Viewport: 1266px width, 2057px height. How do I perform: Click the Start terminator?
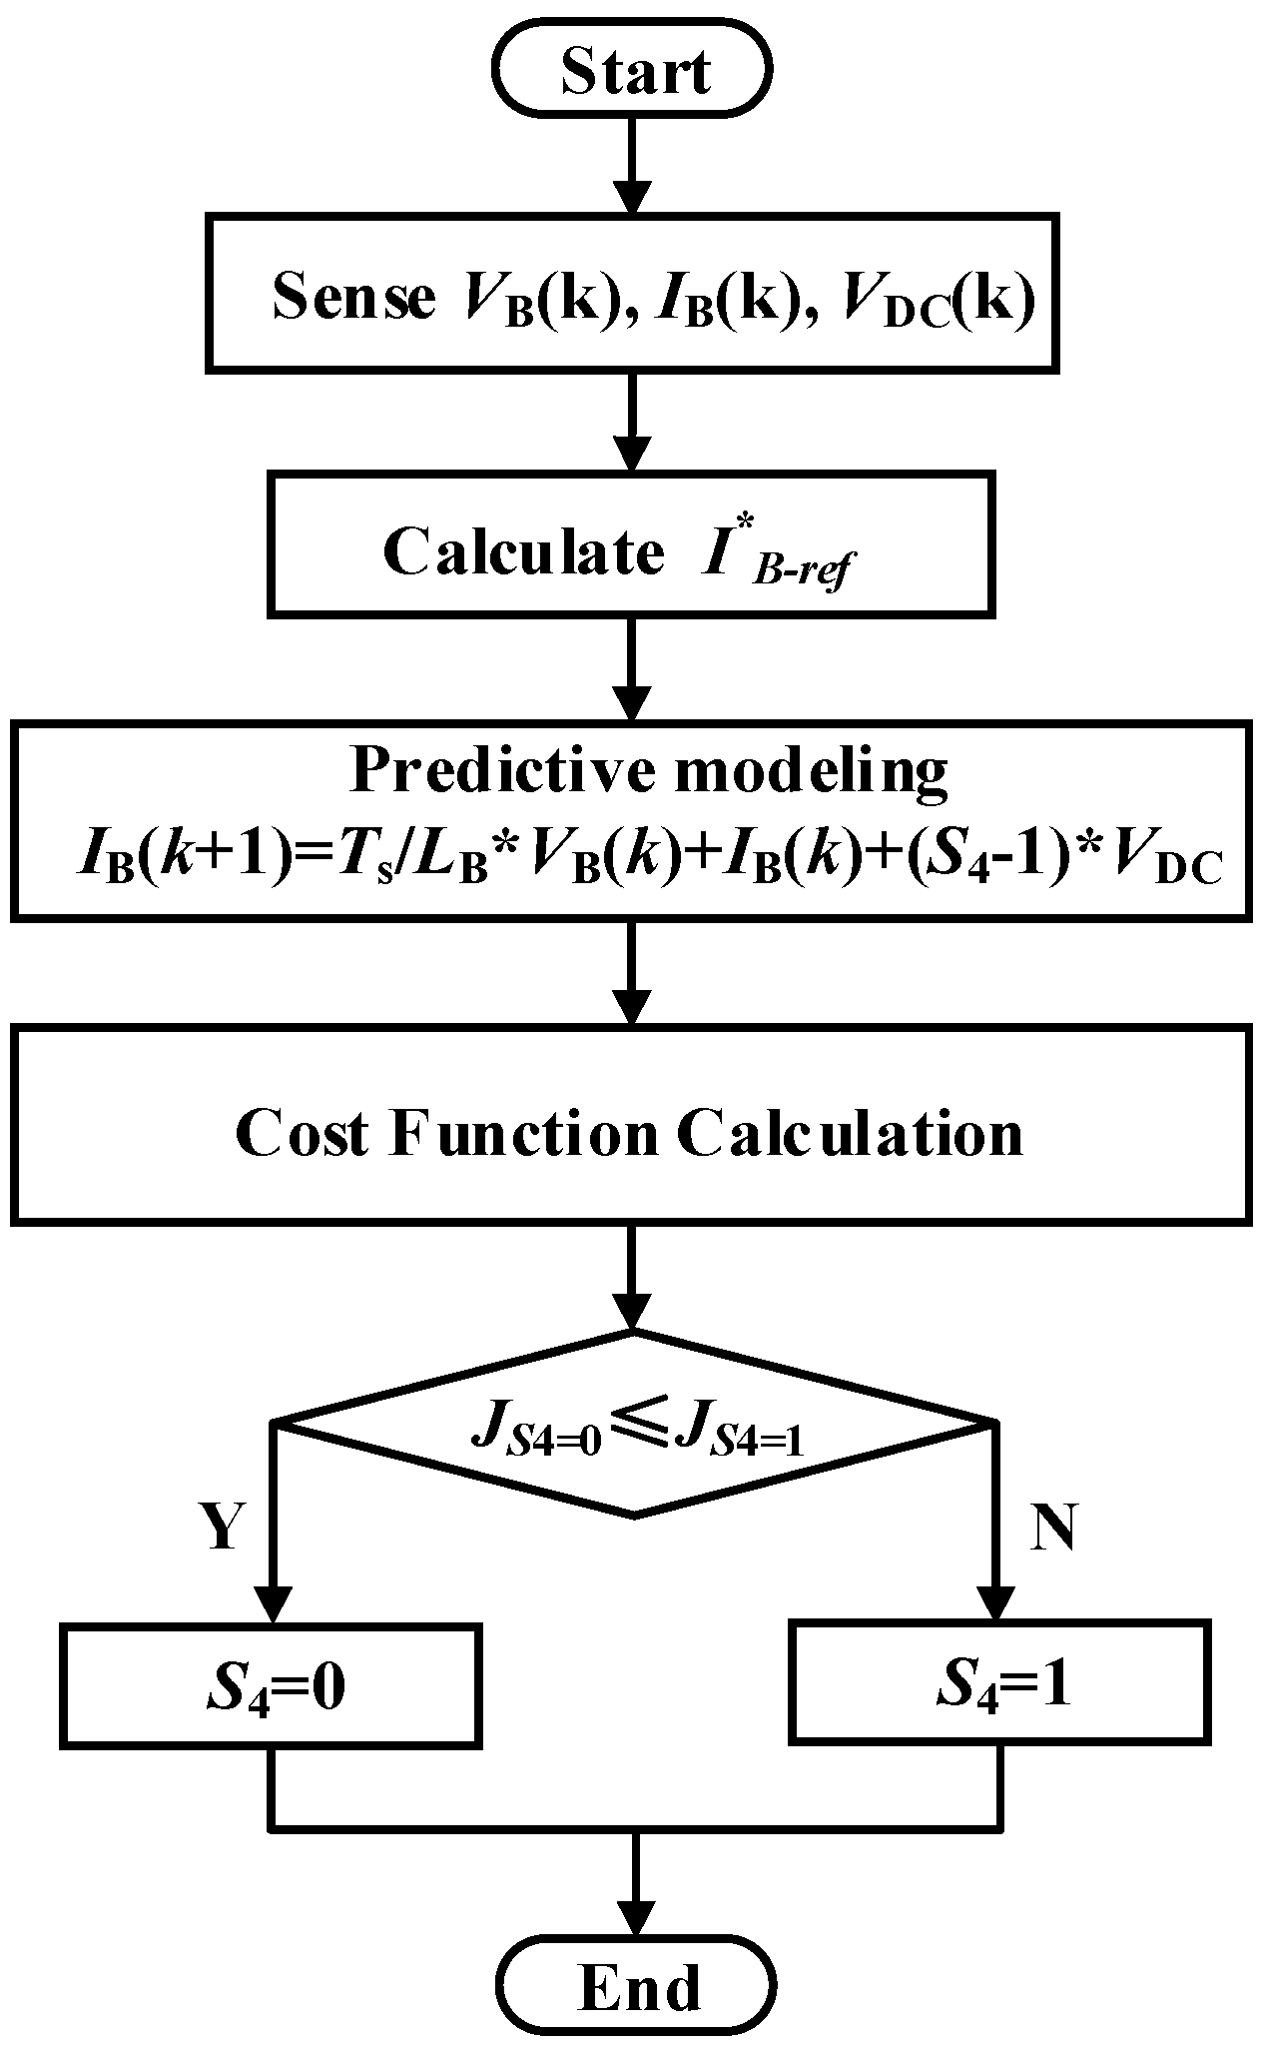[x=634, y=71]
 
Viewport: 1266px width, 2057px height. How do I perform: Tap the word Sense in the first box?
[x=353, y=297]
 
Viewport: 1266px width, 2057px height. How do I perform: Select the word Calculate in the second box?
[x=523, y=551]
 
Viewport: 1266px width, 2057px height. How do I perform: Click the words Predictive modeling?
[x=648, y=771]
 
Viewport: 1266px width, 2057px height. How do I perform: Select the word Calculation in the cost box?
[x=851, y=1132]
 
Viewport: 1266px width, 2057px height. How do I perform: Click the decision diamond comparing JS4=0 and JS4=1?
[x=634, y=1423]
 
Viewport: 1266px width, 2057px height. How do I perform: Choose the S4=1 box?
[x=999, y=1685]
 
